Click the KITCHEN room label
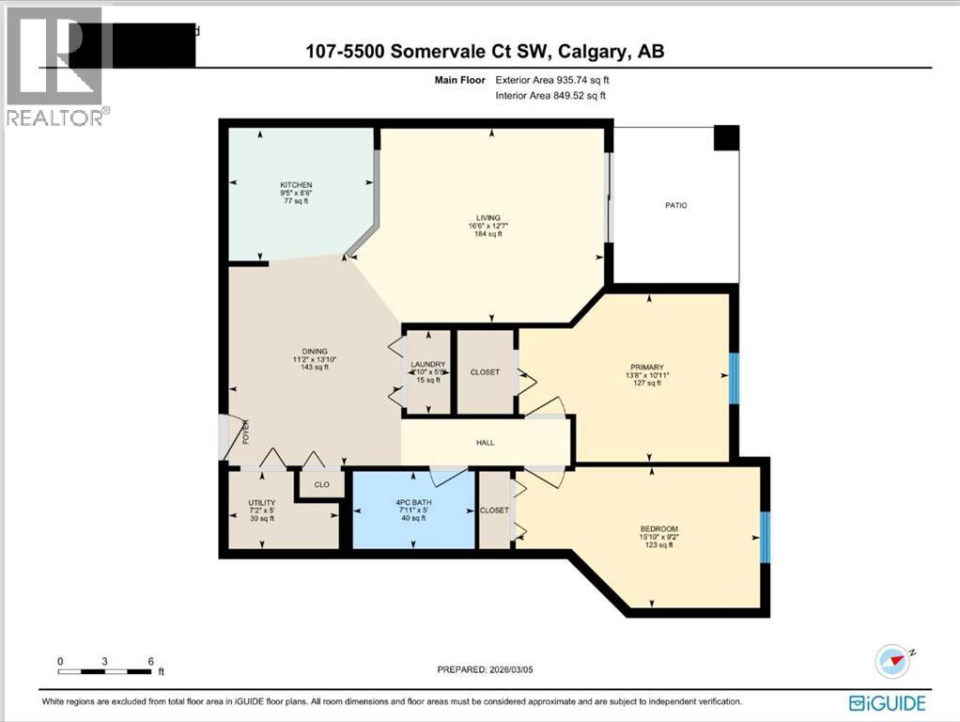click(x=295, y=185)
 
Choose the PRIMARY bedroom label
click(x=646, y=368)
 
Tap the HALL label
click(x=485, y=442)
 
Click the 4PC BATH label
click(x=413, y=502)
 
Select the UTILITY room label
click(x=261, y=503)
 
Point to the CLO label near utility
click(x=321, y=485)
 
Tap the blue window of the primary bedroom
click(x=735, y=375)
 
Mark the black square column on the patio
click(x=726, y=137)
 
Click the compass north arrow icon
click(x=892, y=661)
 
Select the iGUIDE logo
click(x=887, y=702)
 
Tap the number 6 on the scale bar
click(x=151, y=661)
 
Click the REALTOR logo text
click(x=56, y=117)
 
